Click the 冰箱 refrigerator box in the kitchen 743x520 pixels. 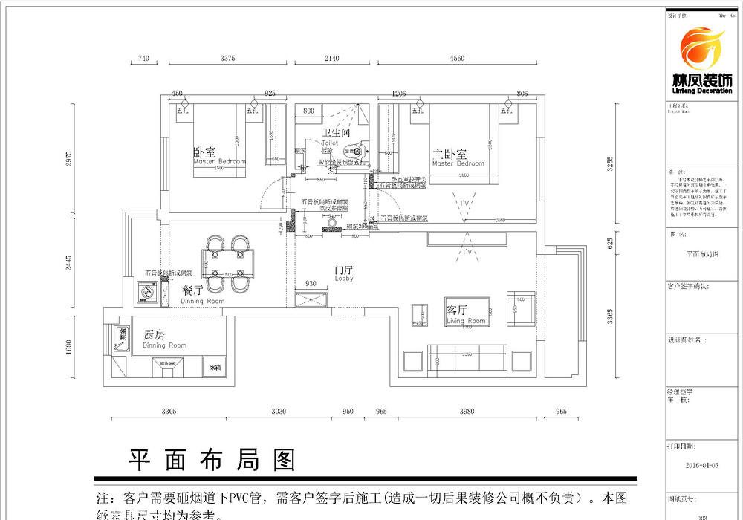tap(215, 367)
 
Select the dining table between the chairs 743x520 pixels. tap(229, 264)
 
